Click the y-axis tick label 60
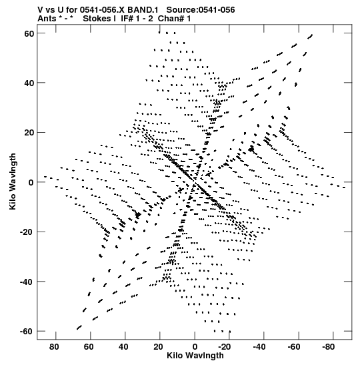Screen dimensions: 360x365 click(x=29, y=33)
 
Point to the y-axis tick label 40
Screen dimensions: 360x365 click(x=29, y=83)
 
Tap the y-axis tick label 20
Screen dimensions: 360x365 click(x=29, y=133)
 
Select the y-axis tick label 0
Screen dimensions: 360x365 click(x=31, y=183)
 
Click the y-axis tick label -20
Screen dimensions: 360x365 click(x=27, y=232)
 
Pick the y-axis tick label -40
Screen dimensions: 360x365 click(x=27, y=282)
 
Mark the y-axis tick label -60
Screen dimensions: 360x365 click(x=27, y=332)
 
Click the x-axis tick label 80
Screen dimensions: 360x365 click(x=54, y=347)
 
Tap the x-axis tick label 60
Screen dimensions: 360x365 click(x=89, y=347)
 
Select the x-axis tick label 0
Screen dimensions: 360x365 click(x=195, y=347)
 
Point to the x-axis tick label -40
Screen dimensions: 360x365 click(x=259, y=347)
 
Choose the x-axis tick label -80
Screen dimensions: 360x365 click(x=329, y=347)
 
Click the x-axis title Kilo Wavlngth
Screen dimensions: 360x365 click(x=195, y=356)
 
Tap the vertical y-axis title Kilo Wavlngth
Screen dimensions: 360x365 click(x=13, y=181)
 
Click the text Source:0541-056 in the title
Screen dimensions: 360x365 click(x=201, y=10)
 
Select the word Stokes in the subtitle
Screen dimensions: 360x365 click(x=97, y=19)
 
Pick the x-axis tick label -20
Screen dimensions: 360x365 click(x=225, y=347)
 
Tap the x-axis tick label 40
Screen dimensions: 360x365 click(x=123, y=347)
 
